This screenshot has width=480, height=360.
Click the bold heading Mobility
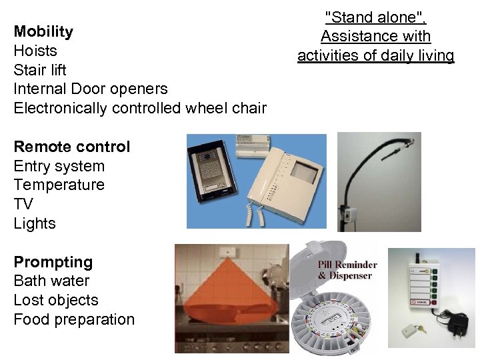(43, 31)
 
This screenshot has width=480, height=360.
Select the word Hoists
(35, 51)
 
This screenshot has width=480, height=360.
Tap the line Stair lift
(40, 69)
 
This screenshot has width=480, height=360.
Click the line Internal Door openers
(91, 89)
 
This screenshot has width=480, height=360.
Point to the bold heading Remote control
(72, 147)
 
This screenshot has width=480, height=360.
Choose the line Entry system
(59, 166)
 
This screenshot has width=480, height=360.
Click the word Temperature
(59, 185)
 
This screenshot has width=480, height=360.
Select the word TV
(23, 204)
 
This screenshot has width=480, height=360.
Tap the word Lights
(35, 223)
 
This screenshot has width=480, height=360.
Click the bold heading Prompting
(53, 262)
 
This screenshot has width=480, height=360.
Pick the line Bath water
(51, 281)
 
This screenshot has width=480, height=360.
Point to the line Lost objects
(56, 300)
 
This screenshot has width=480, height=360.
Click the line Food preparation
(74, 319)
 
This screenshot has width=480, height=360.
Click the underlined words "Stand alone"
(375, 17)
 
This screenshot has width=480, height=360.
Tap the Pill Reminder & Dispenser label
(347, 269)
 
